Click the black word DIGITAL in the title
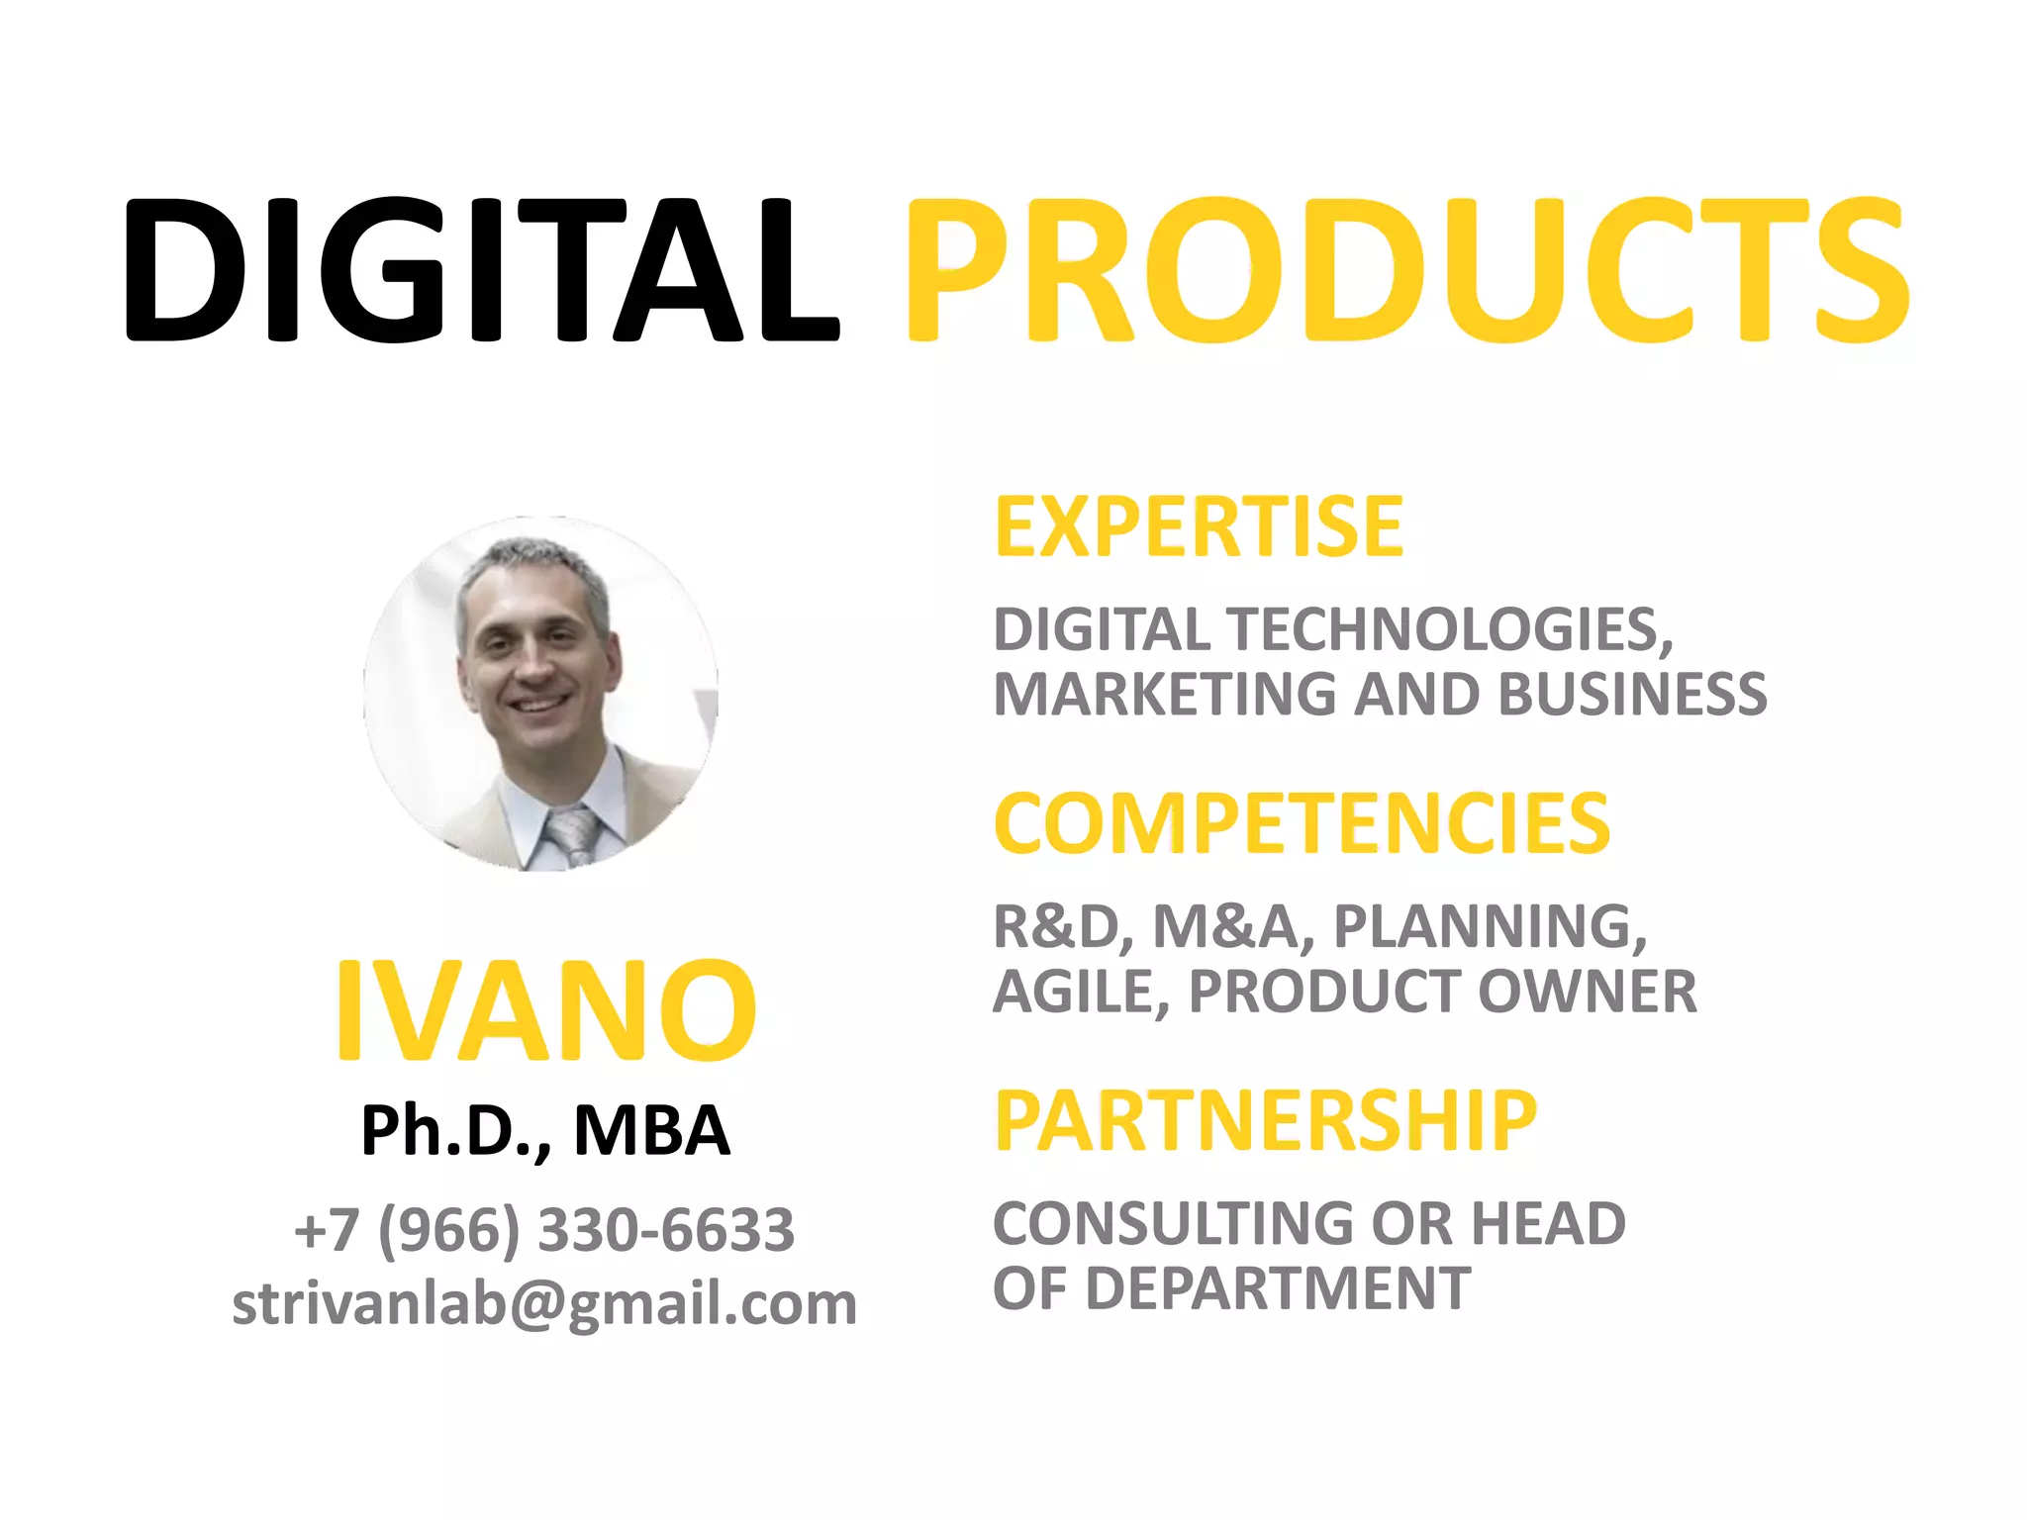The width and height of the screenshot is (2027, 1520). coord(481,269)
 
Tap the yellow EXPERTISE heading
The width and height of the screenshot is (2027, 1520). coord(1199,527)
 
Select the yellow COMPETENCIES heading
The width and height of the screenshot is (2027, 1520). coord(1303,823)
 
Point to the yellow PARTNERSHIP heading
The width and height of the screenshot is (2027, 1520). coord(1266,1120)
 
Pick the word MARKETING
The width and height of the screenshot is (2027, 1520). coord(1164,694)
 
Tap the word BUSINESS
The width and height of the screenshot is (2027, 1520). coord(1632,694)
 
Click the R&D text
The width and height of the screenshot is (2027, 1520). coord(1057,927)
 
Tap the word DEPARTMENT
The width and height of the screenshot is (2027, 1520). coord(1278,1288)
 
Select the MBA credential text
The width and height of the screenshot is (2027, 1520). coord(652,1130)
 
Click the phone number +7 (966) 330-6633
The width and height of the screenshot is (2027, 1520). coord(544,1230)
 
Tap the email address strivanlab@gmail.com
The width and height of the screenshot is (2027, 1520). coord(544,1303)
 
